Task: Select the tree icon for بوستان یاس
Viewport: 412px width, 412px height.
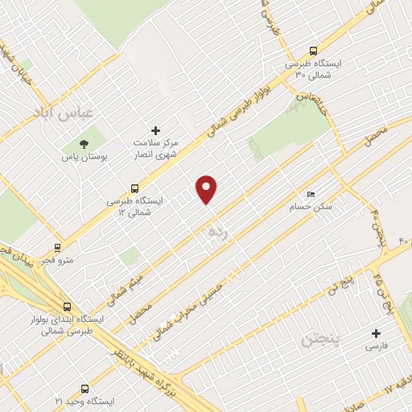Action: coord(84,144)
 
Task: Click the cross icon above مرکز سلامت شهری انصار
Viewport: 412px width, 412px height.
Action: coord(156,130)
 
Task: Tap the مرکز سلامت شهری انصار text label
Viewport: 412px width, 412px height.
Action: coord(155,148)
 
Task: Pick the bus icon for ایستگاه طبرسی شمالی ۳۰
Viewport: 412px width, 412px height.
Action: coord(313,50)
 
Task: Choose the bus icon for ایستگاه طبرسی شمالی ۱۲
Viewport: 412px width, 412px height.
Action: coord(134,188)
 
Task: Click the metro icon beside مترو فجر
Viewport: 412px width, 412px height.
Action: coord(57,247)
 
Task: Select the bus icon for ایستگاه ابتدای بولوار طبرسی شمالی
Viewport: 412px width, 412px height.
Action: coord(67,307)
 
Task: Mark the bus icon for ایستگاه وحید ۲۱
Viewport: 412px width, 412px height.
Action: coord(85,389)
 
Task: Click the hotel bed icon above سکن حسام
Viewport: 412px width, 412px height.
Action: coord(311,194)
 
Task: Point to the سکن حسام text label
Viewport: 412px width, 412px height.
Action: coord(311,207)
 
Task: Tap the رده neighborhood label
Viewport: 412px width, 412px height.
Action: coord(218,232)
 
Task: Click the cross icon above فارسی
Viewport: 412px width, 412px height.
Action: coord(376,333)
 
